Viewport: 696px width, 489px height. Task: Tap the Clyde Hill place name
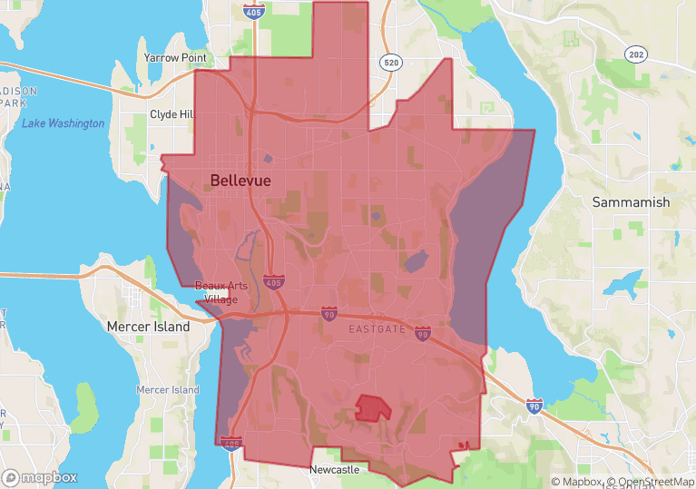[x=172, y=115]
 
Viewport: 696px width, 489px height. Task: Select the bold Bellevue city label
[x=240, y=181]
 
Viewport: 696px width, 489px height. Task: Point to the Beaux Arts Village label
[x=221, y=292]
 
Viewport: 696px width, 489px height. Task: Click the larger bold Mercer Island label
[x=148, y=327]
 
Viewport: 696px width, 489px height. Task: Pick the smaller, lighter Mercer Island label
[x=167, y=389]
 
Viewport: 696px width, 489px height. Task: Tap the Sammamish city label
[x=631, y=202]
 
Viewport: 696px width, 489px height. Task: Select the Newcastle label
[x=334, y=470]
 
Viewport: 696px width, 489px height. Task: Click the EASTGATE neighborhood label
[x=377, y=329]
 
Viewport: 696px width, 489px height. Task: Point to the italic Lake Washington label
[x=64, y=123]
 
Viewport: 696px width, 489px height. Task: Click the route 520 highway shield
[x=391, y=63]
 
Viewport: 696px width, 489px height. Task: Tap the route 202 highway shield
[x=636, y=54]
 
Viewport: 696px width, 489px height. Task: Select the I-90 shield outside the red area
[x=534, y=406]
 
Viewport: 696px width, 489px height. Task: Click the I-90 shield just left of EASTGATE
[x=328, y=312]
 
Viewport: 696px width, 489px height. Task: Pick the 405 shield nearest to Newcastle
[x=230, y=445]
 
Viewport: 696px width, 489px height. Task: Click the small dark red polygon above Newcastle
[x=373, y=407]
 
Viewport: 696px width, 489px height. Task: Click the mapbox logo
[x=40, y=477]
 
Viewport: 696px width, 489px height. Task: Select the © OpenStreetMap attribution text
[x=651, y=482]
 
